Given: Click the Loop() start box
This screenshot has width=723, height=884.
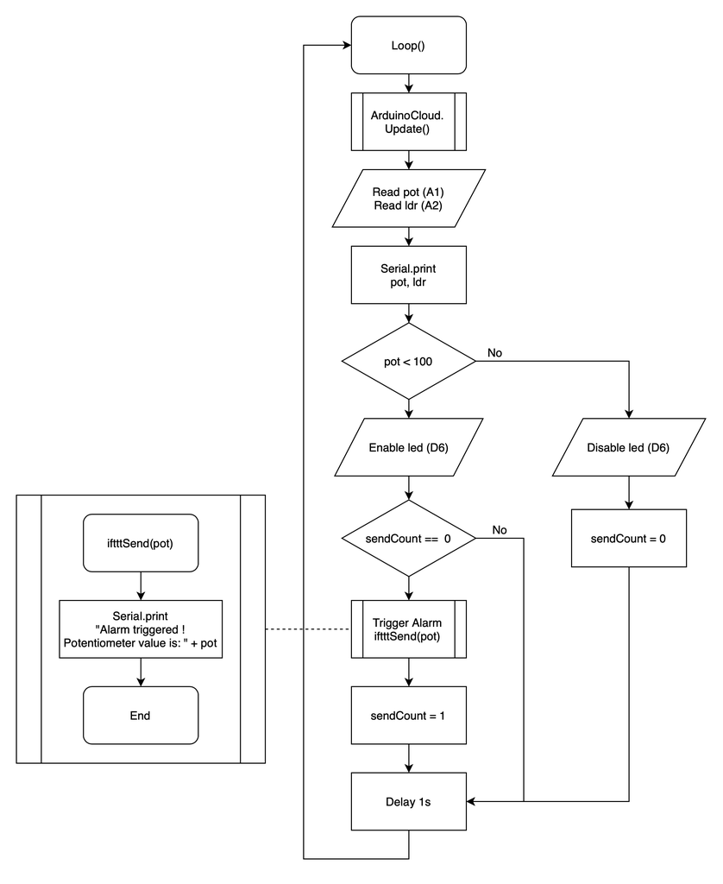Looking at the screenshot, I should point(408,45).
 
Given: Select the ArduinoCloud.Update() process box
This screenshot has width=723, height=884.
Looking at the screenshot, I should point(408,122).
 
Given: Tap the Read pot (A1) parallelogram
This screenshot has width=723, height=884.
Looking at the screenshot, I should point(408,198).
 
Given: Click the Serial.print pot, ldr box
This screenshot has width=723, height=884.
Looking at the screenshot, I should point(408,275).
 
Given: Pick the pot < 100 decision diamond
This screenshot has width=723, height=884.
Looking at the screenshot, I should point(408,361).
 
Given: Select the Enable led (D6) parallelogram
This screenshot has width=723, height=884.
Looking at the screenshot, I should point(408,447).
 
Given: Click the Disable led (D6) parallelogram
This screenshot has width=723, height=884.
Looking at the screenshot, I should point(628,447).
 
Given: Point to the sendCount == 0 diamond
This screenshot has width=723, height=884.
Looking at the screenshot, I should point(408,538).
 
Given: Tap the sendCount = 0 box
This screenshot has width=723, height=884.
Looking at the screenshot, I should point(628,538).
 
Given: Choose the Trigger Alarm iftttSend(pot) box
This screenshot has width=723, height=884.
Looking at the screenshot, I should point(408,629).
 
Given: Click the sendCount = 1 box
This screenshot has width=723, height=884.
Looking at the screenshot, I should point(408,715).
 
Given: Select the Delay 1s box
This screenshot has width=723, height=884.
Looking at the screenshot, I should point(408,801).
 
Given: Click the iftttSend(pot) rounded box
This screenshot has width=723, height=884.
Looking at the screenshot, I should point(141,543).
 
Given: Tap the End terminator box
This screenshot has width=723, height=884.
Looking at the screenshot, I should point(141,715).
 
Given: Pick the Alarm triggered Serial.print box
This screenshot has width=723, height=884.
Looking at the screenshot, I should point(141,629).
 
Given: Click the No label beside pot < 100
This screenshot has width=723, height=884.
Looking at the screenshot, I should point(495,353).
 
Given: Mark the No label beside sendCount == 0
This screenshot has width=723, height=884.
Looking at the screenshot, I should point(500,529).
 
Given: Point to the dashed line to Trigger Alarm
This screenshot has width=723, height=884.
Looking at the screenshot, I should point(307,629).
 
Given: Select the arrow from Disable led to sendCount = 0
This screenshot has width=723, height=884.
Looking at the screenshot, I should point(628,492).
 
